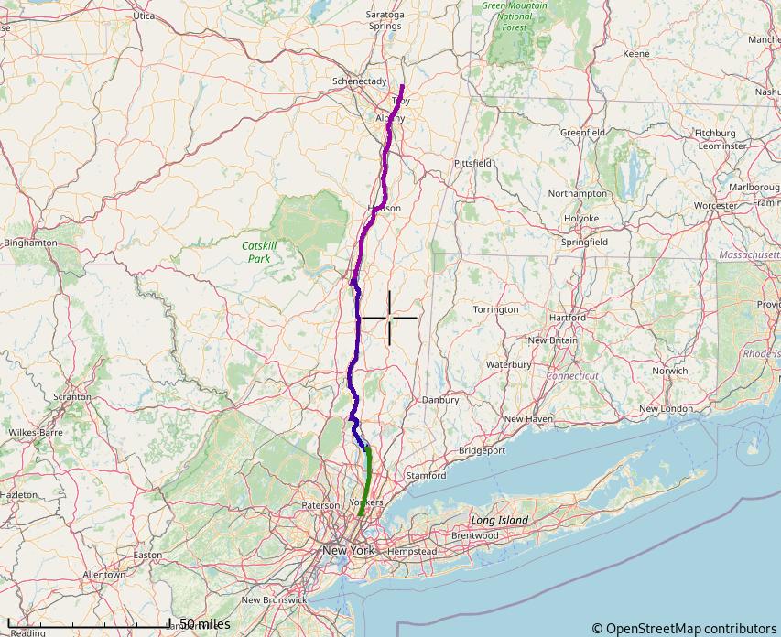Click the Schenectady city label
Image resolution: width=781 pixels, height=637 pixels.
[x=359, y=81]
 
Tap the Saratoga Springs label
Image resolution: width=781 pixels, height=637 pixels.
[x=385, y=20]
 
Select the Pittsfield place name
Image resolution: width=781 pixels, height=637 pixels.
[x=473, y=163]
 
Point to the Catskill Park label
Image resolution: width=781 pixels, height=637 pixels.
[x=259, y=252]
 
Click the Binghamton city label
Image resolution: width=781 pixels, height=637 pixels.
[x=31, y=243]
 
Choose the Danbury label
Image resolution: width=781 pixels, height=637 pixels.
[x=440, y=400]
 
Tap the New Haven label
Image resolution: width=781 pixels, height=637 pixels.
[x=529, y=418]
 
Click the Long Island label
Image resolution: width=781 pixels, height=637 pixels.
[x=500, y=520]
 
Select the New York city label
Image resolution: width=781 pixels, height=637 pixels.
[x=348, y=551]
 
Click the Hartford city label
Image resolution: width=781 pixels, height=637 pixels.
[x=568, y=318]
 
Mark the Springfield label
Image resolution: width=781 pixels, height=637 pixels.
[x=584, y=243]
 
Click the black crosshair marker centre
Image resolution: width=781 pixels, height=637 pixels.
[x=389, y=318]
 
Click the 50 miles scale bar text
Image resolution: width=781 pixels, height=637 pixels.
[x=205, y=624]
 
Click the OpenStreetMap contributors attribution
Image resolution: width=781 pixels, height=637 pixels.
[x=683, y=628]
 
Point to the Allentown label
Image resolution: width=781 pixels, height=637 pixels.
[x=103, y=575]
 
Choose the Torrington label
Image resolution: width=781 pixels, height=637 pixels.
[x=496, y=309]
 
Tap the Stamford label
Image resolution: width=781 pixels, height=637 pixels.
[x=426, y=476]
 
